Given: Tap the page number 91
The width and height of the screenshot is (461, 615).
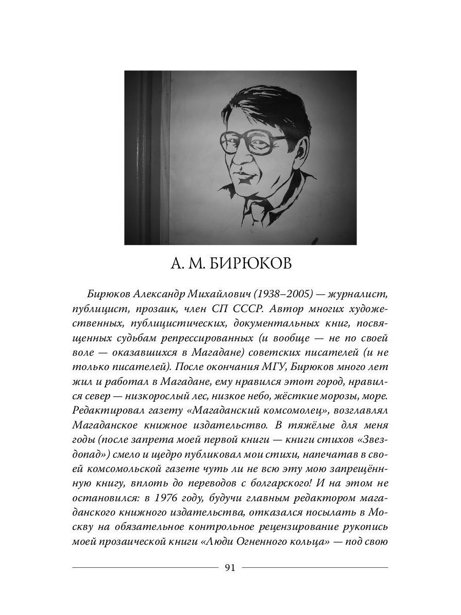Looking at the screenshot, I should tap(230, 567).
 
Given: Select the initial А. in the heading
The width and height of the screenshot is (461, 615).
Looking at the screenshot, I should tap(174, 264).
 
